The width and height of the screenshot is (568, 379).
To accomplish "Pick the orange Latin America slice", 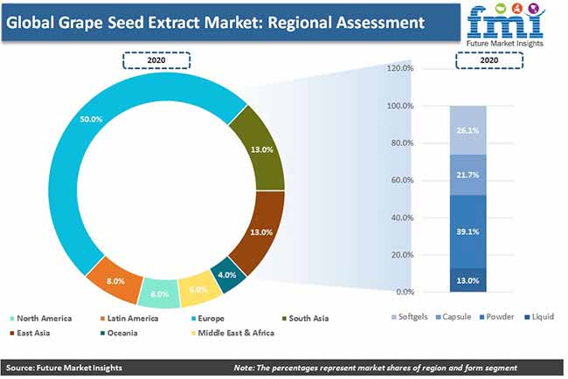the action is pyautogui.click(x=115, y=280).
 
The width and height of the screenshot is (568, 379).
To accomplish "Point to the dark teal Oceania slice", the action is pyautogui.click(x=227, y=275).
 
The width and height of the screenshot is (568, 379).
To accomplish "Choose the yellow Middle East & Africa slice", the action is pyautogui.click(x=198, y=289).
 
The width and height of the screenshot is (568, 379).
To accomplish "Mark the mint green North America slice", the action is pyautogui.click(x=159, y=293).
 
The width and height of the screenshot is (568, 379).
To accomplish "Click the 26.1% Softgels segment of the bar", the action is pyautogui.click(x=468, y=130).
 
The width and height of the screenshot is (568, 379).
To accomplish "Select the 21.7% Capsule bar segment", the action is pyautogui.click(x=468, y=176).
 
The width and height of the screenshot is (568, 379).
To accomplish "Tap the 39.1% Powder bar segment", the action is pyautogui.click(x=468, y=231).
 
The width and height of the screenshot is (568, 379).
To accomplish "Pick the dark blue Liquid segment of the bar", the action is pyautogui.click(x=468, y=279).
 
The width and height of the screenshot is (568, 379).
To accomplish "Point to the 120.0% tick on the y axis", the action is pyautogui.click(x=400, y=68).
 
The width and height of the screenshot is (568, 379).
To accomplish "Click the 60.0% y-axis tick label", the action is pyautogui.click(x=402, y=180).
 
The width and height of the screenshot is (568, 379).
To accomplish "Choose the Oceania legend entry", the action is pyautogui.click(x=119, y=333).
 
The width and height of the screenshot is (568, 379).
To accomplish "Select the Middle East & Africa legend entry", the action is pyautogui.click(x=232, y=333).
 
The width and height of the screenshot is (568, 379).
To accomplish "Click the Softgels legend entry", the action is pyautogui.click(x=410, y=317).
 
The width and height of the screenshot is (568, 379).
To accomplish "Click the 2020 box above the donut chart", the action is pyautogui.click(x=156, y=60).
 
